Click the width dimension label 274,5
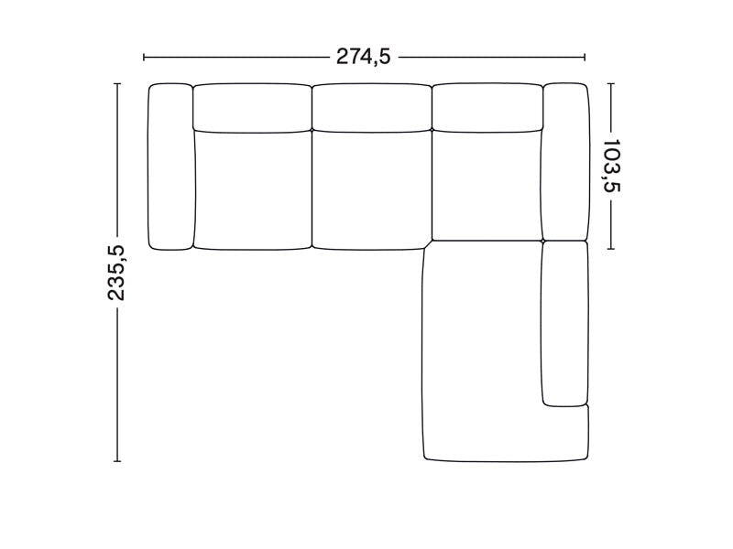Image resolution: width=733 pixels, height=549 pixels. [364, 57]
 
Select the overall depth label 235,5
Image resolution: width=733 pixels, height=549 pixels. [117, 273]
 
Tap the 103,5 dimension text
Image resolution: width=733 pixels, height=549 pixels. [611, 166]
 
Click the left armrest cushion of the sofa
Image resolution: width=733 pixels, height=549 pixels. [170, 166]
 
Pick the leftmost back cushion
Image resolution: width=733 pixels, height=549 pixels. [251, 107]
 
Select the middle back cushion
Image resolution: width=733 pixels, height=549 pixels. [371, 107]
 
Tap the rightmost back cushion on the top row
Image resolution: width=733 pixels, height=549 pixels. [487, 107]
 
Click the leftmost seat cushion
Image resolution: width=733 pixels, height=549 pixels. [252, 190]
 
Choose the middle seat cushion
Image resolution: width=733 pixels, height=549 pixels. [371, 190]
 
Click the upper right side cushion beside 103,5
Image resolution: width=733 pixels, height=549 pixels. [565, 161]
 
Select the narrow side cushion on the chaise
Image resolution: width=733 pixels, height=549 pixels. [564, 322]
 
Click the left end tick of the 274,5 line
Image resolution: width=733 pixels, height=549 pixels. [145, 57]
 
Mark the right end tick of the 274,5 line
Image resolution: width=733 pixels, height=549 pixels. [585, 57]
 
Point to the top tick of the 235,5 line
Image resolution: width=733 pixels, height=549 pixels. [117, 83]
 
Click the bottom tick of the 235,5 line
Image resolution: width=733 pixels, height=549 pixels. [117, 460]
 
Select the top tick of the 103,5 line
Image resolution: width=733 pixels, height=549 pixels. [611, 83]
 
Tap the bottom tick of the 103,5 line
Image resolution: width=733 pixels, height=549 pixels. [611, 248]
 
